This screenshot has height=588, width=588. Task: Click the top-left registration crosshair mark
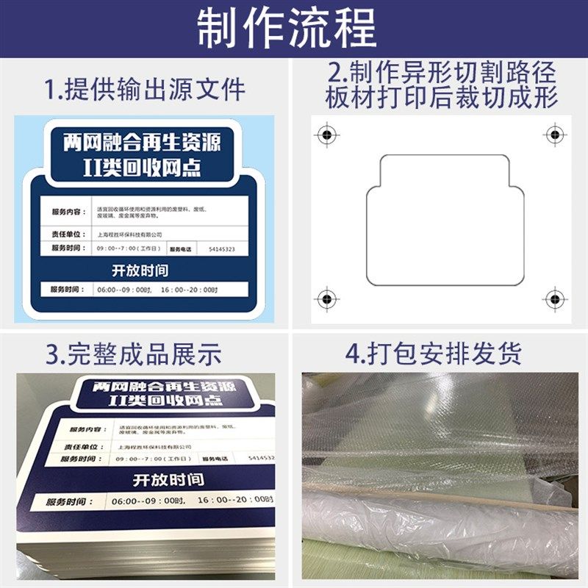326,135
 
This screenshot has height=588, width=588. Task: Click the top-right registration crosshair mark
553,135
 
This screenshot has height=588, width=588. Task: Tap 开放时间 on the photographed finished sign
168,480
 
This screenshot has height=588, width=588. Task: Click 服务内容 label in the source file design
68,212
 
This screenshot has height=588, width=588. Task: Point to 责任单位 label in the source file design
68,234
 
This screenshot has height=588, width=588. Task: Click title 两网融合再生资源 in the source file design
142,140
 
